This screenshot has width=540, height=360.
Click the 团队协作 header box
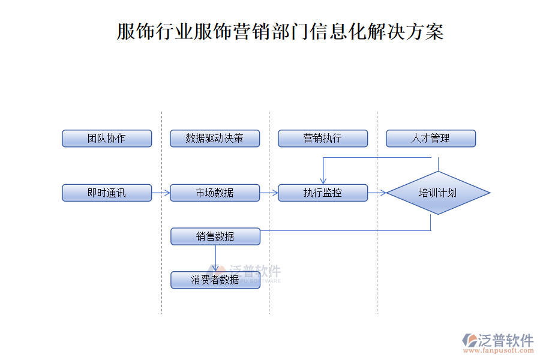point(107,139)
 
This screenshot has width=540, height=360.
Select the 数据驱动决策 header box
point(215,139)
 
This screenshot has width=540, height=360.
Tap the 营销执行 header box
point(323,139)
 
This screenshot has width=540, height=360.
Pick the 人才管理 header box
point(431,139)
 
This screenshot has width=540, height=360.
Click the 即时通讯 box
point(107,193)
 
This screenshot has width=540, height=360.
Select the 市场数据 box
point(215,193)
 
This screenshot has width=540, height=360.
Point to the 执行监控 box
point(323,193)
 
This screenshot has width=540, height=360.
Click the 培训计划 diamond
point(438,193)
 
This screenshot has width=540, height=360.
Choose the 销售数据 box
point(215,236)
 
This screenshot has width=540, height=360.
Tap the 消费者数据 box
point(215,280)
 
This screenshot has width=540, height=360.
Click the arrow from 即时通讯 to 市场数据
point(161,193)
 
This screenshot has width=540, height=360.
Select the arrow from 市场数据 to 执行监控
point(269,193)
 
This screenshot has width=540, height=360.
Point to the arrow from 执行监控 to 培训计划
point(377,193)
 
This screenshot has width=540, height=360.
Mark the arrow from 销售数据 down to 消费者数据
point(215,258)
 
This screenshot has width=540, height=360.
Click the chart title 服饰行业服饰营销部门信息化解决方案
point(280,31)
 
